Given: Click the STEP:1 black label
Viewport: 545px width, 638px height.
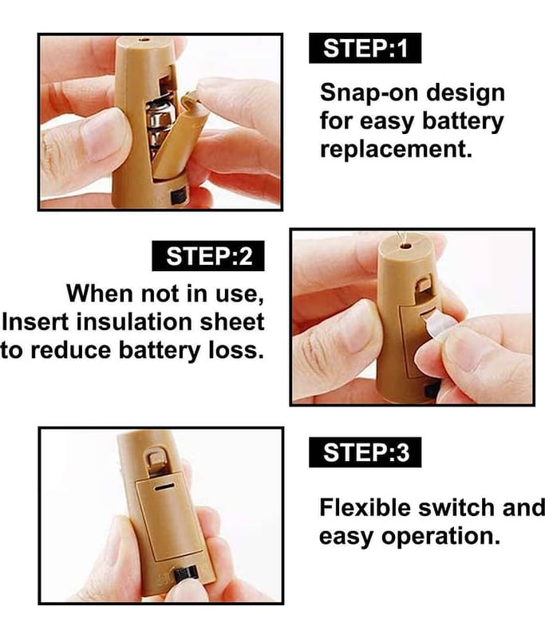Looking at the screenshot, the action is (365, 48).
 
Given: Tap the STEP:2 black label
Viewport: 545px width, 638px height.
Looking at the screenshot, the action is (208, 256).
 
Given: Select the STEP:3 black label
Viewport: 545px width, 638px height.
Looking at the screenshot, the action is (365, 452).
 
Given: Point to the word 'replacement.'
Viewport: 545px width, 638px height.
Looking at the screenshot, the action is (396, 149).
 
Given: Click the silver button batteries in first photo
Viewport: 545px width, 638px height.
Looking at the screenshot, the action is (160, 127).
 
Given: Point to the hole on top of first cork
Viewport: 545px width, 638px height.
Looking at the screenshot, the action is (143, 40).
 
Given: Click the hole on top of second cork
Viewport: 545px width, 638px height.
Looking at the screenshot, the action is (405, 246).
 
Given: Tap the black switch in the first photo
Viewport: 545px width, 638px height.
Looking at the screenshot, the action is (179, 197).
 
